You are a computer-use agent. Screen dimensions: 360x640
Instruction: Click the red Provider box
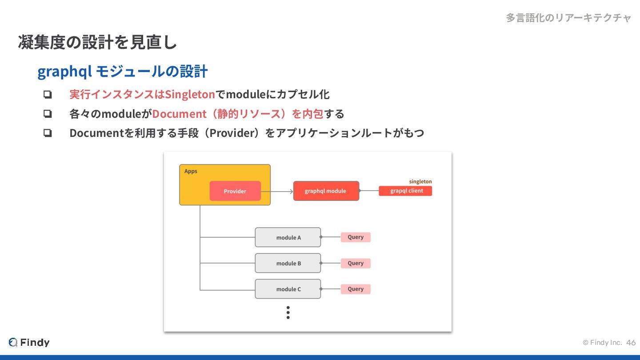(x=235, y=191)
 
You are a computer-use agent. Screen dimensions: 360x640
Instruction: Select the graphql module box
(x=326, y=191)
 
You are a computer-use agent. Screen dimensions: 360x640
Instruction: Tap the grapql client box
(x=405, y=191)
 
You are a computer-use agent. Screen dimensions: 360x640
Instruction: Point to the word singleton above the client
(x=420, y=181)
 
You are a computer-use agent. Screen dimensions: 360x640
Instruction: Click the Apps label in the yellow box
(x=191, y=171)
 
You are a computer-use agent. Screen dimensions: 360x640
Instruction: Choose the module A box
(x=288, y=237)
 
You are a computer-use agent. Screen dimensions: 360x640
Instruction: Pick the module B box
(x=288, y=263)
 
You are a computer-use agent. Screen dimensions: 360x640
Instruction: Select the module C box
(x=288, y=289)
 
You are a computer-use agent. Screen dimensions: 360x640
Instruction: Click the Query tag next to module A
(x=356, y=237)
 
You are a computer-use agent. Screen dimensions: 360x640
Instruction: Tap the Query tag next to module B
(x=356, y=263)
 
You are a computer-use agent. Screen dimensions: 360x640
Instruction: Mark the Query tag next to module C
(x=356, y=289)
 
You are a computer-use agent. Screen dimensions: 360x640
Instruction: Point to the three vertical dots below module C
(x=288, y=312)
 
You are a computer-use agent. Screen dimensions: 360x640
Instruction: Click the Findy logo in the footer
(x=29, y=342)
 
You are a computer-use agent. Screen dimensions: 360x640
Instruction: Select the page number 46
(x=631, y=343)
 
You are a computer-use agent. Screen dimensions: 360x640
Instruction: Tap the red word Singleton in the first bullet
(x=190, y=95)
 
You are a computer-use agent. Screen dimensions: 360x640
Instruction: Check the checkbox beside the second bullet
(x=48, y=114)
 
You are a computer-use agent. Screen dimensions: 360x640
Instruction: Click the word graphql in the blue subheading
(x=65, y=72)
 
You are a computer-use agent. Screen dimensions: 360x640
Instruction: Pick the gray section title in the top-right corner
(x=568, y=18)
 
